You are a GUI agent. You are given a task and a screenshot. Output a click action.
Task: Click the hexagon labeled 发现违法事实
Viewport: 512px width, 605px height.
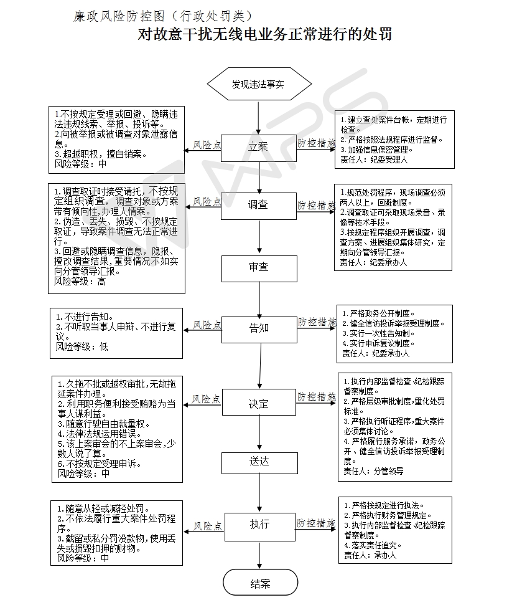[x=259, y=84]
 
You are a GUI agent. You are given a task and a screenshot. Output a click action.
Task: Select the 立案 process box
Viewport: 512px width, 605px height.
[x=259, y=147]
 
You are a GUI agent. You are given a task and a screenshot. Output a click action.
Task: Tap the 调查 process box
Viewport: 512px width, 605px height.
[x=259, y=205]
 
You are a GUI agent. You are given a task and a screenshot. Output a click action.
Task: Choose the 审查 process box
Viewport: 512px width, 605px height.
[x=259, y=267]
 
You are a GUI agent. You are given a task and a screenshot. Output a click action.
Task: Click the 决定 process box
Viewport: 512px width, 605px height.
[x=259, y=404]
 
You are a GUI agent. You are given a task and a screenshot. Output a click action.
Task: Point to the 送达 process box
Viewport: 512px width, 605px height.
[x=259, y=462]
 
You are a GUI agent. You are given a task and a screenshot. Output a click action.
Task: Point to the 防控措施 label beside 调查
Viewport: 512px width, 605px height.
[x=315, y=204]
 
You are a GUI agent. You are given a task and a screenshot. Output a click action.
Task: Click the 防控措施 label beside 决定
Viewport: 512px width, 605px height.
[x=315, y=396]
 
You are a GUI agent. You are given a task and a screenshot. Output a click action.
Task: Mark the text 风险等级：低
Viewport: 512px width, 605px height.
[x=81, y=346]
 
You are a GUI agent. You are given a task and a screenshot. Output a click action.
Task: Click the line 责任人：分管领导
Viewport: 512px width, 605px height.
[x=373, y=471]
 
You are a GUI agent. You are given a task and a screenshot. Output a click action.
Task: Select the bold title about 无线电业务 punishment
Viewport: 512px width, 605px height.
[x=264, y=34]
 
